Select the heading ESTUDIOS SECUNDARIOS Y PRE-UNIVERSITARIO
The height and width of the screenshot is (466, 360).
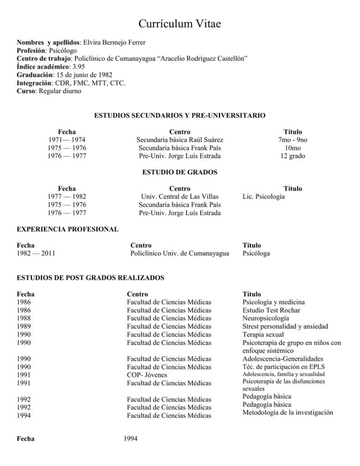point(180,115)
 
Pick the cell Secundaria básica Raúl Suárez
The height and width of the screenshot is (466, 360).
point(180,140)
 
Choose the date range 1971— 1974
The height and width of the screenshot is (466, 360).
point(67,140)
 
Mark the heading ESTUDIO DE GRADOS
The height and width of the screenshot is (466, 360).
point(180,172)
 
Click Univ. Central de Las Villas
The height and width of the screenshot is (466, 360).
point(180,197)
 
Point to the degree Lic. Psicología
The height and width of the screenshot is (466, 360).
point(263,197)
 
